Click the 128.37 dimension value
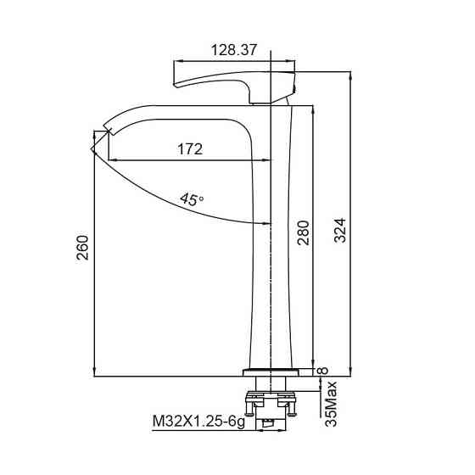click(233, 50)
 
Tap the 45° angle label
click(193, 200)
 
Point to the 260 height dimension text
click(82, 247)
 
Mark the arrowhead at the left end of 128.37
click(178, 61)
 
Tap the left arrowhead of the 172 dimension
click(111, 159)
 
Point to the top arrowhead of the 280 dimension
click(315, 109)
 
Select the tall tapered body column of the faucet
click(274, 254)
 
